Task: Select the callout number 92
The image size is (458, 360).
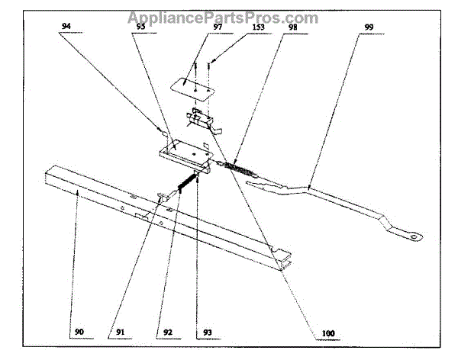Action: [x=167, y=333]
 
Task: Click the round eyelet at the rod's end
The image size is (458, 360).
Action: [x=414, y=236]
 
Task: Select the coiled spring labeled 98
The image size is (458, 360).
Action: [x=238, y=169]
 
